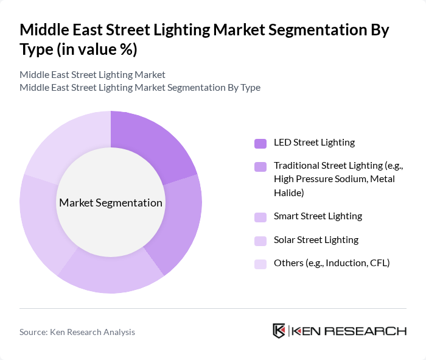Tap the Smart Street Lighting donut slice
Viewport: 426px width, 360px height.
pyautogui.click(x=113, y=274)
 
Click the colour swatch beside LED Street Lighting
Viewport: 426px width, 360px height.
pyautogui.click(x=260, y=143)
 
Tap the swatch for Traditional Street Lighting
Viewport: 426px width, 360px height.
pyautogui.click(x=260, y=166)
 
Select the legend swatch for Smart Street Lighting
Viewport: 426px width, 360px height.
pyautogui.click(x=260, y=217)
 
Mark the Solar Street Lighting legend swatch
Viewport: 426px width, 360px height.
pyautogui.click(x=260, y=241)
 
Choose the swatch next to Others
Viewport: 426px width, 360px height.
pyautogui.click(x=260, y=264)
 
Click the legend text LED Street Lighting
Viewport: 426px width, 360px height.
pyautogui.click(x=314, y=143)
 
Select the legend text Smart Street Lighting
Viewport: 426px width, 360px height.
pyautogui.click(x=318, y=216)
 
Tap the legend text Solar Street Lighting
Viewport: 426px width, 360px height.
pyautogui.click(x=316, y=240)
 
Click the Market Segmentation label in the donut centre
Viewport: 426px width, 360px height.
pyautogui.click(x=111, y=203)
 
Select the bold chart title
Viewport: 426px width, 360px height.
pyautogui.click(x=204, y=39)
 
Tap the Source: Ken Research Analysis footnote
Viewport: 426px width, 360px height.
pyautogui.click(x=77, y=332)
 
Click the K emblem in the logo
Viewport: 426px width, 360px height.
pyautogui.click(x=279, y=331)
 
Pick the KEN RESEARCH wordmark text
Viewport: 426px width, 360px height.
pyautogui.click(x=349, y=331)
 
